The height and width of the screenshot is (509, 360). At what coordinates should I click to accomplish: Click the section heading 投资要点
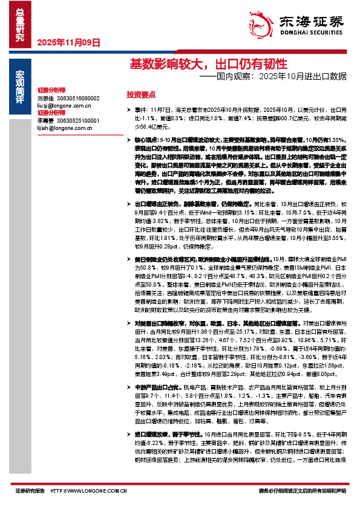141,95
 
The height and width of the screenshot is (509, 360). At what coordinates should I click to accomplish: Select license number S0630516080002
79,98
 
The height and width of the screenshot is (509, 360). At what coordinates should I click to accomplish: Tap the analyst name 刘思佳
45,98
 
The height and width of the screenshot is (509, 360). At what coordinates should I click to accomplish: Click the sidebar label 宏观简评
21,86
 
